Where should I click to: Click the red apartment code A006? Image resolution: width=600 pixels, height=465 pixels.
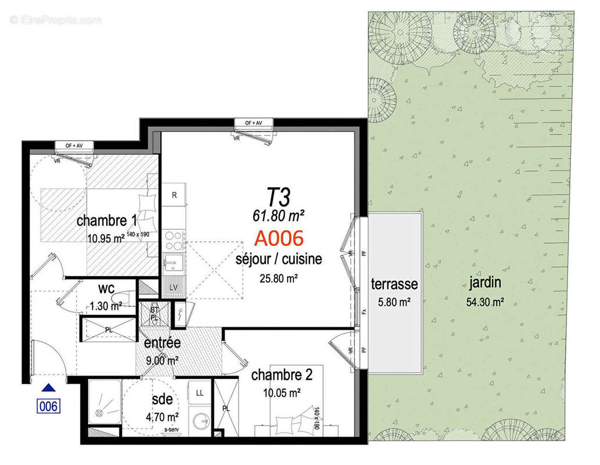(279, 238)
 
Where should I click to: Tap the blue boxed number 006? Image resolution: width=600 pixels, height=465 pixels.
(49, 406)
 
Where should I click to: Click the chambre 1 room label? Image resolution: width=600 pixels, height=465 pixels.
(106, 221)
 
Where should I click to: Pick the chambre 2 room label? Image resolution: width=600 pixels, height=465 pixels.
(282, 375)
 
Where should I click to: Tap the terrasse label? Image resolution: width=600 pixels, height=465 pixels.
(394, 284)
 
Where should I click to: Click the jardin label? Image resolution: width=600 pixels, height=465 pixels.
(484, 284)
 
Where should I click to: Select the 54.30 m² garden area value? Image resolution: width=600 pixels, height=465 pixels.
(484, 302)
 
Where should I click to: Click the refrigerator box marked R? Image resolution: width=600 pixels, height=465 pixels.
(174, 196)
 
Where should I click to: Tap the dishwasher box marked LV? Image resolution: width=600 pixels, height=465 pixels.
(174, 288)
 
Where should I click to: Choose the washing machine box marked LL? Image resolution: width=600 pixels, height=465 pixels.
(200, 393)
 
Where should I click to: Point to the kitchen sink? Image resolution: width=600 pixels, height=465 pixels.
(174, 265)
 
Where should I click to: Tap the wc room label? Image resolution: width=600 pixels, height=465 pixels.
(106, 289)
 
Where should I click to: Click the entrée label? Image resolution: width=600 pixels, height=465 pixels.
(163, 343)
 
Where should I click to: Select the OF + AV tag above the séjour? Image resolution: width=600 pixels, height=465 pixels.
(254, 123)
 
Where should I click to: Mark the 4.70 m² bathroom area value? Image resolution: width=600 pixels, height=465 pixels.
(162, 416)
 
